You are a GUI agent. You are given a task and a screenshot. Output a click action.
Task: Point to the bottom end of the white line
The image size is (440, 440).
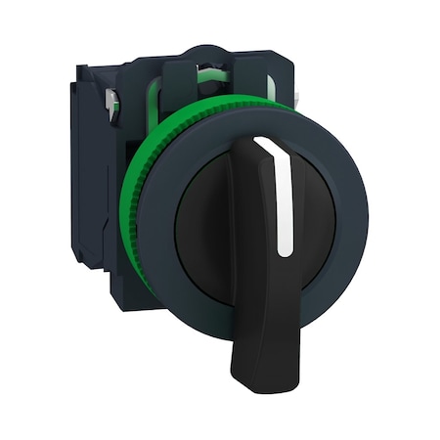[x=286, y=251]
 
